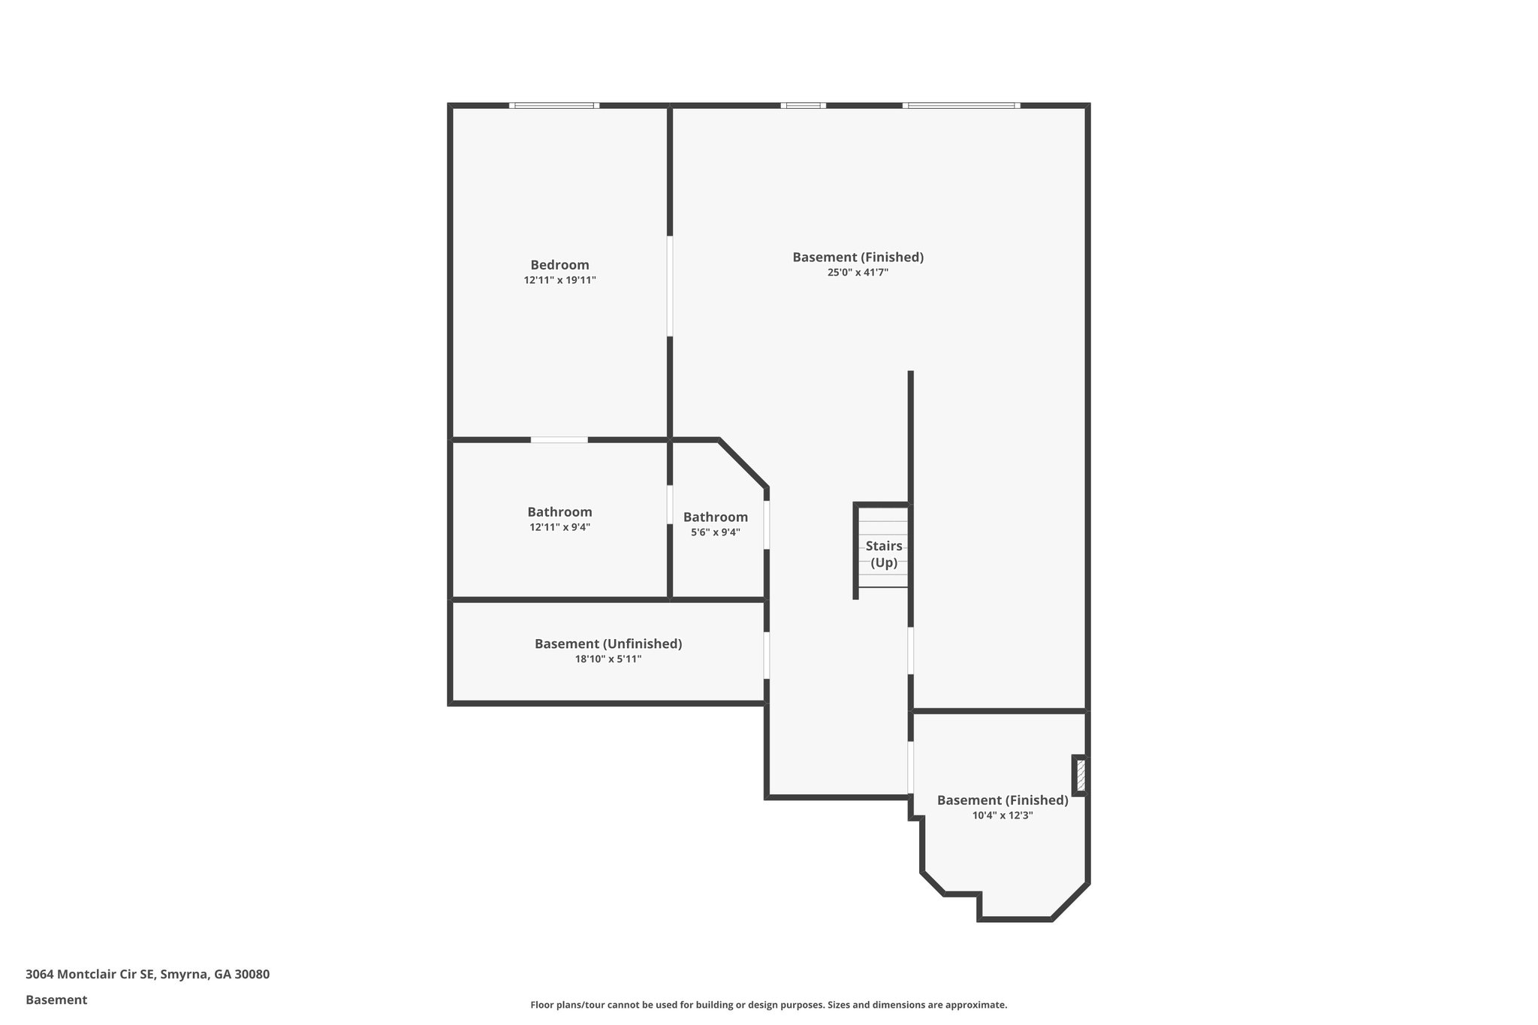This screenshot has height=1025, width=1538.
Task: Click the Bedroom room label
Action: (x=559, y=265)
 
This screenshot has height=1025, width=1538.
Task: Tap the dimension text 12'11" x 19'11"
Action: (x=559, y=281)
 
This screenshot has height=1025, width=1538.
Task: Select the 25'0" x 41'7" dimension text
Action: (x=858, y=273)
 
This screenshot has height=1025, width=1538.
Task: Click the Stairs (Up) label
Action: (x=884, y=554)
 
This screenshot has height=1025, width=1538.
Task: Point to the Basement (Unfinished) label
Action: (x=608, y=644)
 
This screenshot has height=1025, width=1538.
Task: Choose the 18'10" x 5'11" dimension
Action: (x=608, y=659)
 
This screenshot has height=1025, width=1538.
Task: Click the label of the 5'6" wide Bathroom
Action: (x=715, y=517)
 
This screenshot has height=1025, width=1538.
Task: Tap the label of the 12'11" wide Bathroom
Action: (x=559, y=512)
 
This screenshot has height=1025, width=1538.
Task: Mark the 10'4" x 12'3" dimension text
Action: (x=1003, y=815)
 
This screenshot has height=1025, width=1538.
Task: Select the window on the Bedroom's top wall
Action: (x=554, y=106)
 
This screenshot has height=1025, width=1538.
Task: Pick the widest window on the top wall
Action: (x=961, y=106)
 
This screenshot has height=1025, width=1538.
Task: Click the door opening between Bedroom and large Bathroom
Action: (x=559, y=440)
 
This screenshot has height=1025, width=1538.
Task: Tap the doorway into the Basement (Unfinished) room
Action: (x=767, y=656)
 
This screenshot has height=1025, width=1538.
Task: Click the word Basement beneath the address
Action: (x=56, y=999)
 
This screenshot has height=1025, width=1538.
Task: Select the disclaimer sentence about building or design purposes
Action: (x=768, y=1005)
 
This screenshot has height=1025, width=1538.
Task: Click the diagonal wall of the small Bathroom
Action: (x=743, y=463)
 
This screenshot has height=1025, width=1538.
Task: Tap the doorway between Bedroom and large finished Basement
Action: (x=670, y=286)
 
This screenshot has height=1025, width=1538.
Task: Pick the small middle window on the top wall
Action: (x=804, y=106)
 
